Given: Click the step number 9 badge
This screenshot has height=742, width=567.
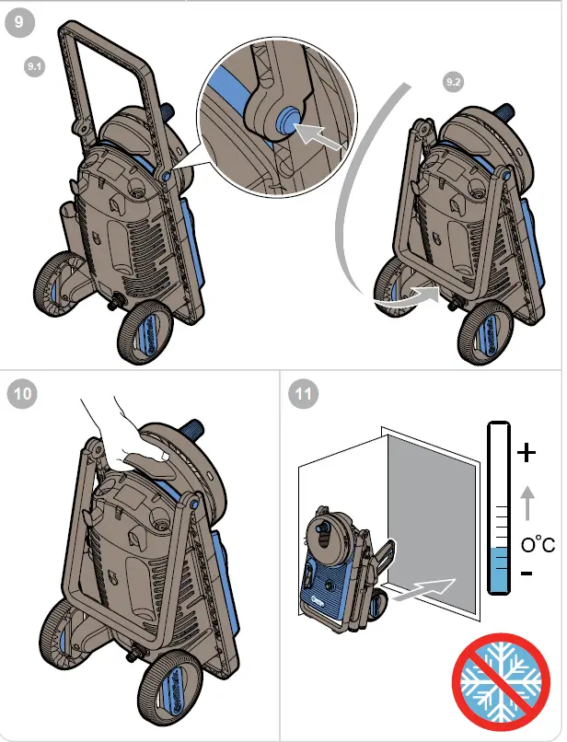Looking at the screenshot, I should [20, 22].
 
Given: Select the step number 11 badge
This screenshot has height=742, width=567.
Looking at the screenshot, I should [302, 395].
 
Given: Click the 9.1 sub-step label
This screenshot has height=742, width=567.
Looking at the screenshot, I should [35, 66].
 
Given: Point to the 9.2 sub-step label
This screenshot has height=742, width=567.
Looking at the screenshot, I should [452, 83].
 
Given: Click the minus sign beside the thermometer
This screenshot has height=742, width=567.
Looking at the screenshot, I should [525, 574].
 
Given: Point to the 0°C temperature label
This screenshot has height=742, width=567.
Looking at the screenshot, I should [538, 546].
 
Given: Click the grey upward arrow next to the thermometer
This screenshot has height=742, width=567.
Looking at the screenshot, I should [526, 503].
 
